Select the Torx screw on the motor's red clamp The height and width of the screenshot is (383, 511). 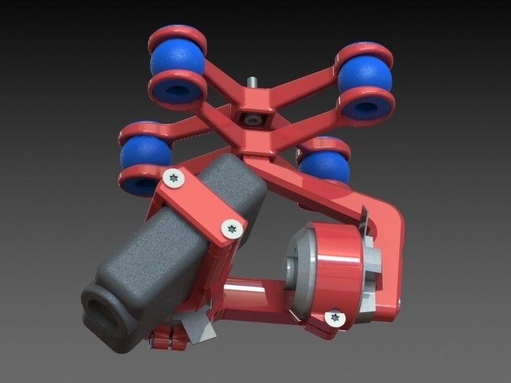(334, 318)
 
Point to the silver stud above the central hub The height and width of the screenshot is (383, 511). (253, 82)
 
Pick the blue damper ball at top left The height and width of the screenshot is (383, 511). (176, 60)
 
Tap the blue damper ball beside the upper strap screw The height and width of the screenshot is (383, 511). (145, 155)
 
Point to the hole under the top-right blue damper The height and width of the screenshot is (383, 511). (367, 108)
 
